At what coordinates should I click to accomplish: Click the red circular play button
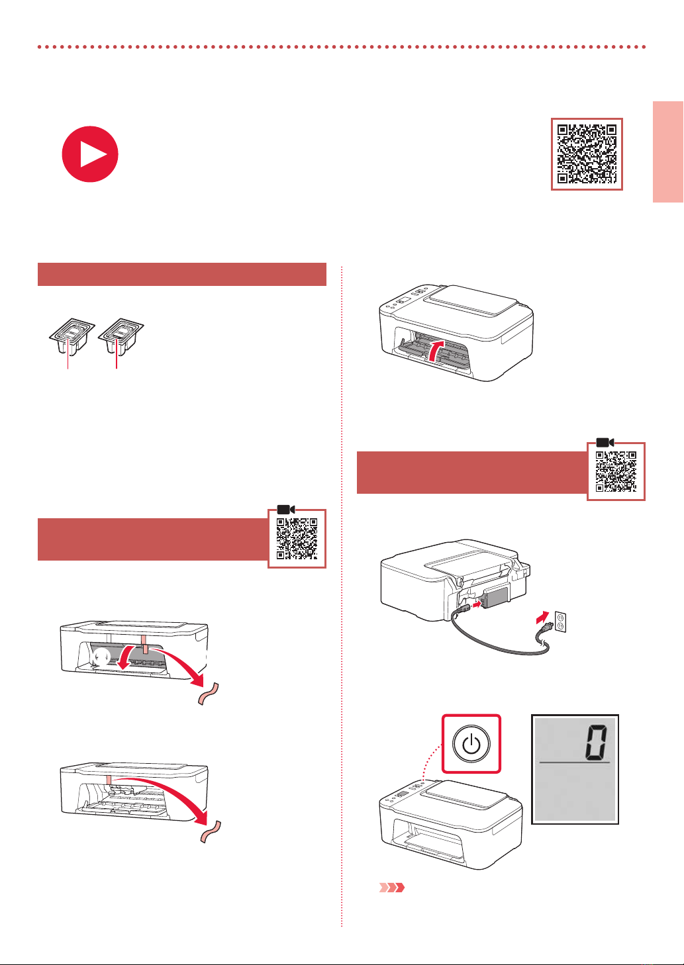[90, 154]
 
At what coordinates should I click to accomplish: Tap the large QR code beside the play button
[587, 154]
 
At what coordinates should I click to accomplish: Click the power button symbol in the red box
[471, 743]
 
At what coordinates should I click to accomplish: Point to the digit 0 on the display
[597, 741]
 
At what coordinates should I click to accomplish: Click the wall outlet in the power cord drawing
[560, 621]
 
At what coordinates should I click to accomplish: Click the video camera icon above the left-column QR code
[286, 509]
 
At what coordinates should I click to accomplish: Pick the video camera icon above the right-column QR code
[605, 442]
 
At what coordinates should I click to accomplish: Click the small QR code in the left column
[297, 538]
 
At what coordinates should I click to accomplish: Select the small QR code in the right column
[616, 471]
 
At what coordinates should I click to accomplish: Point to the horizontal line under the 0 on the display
[575, 762]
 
